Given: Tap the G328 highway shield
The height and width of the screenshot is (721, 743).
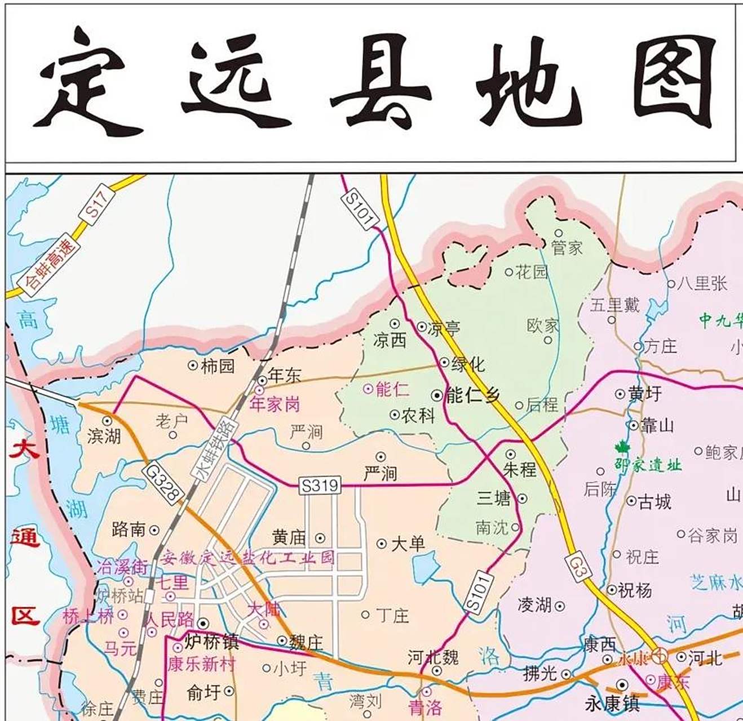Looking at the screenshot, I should [165, 482].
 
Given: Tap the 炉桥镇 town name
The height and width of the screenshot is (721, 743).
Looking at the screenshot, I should [212, 642].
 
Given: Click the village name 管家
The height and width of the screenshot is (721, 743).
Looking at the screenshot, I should [567, 248].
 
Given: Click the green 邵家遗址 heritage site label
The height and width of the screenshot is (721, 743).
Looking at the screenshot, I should [648, 465].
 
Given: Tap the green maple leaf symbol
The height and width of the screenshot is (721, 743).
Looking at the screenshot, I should [621, 448].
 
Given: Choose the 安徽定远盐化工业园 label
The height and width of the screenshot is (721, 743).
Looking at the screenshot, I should [247, 558].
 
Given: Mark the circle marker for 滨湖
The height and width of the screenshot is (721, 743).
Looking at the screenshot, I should [107, 421].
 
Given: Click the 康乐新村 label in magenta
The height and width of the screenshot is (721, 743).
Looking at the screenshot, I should [201, 664].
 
